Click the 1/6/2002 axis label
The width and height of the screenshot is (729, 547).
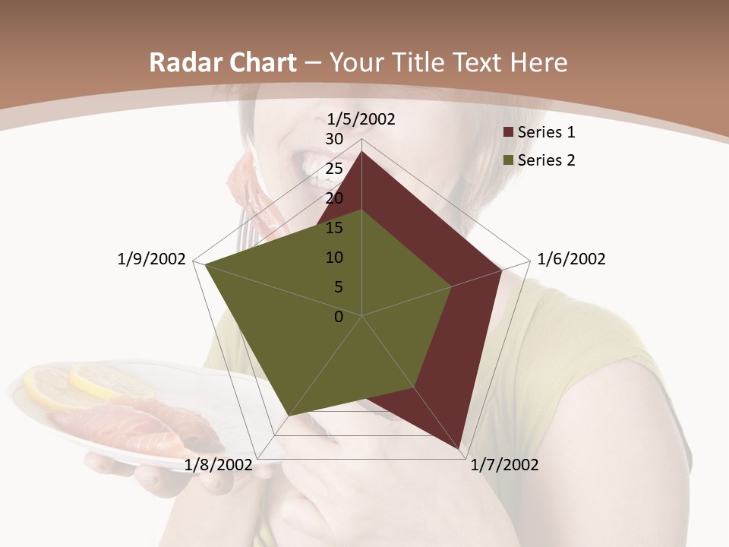click(571, 259)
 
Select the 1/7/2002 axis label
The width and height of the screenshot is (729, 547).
click(504, 465)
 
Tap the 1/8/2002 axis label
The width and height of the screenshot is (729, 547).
click(219, 465)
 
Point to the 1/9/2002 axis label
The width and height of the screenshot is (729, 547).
click(152, 259)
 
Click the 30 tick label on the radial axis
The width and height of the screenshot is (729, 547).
click(334, 139)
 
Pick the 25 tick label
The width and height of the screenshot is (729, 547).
click(334, 169)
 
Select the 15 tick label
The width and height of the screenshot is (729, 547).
click(334, 228)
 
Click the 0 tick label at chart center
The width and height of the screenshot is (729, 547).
click(339, 317)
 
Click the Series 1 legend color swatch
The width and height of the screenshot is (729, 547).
click(509, 133)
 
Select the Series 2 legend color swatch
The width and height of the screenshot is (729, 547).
click(509, 160)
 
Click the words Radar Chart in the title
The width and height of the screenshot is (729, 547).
click(223, 63)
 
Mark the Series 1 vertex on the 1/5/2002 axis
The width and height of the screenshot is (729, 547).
click(362, 151)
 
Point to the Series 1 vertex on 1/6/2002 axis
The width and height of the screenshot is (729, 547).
click(502, 270)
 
